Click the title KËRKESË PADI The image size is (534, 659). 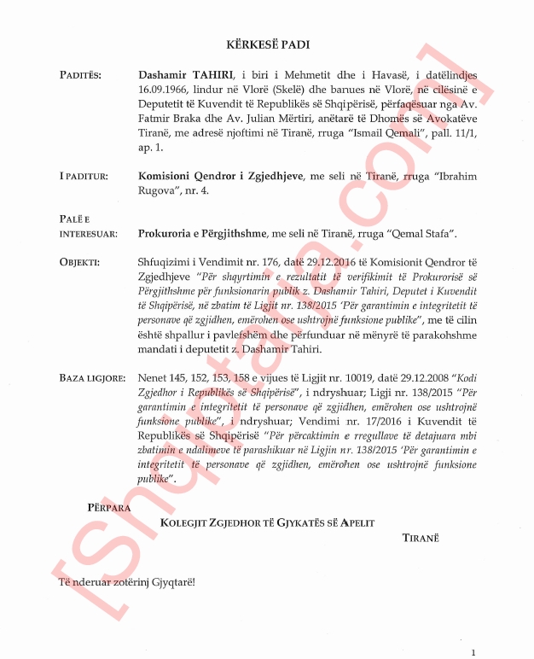click(267, 44)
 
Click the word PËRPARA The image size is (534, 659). click(109, 507)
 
